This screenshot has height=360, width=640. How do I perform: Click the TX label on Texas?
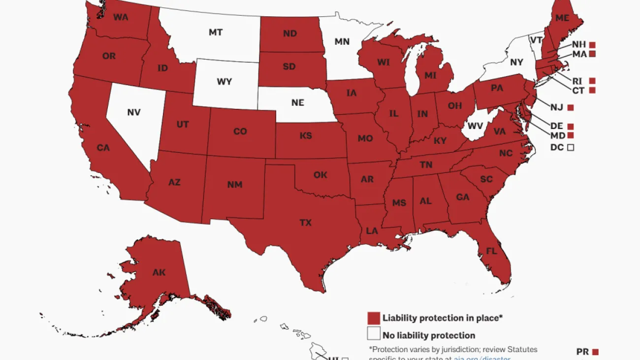[305, 223]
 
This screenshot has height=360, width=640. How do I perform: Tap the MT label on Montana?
[215, 33]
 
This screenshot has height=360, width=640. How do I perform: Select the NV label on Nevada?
[133, 112]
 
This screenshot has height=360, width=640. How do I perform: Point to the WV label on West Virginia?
[475, 126]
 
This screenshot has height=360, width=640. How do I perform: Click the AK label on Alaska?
[159, 272]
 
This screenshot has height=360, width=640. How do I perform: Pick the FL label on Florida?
[491, 250]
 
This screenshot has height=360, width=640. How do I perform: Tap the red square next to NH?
[592, 45]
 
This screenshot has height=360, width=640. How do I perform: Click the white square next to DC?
[571, 147]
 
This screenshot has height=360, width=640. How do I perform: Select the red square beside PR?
[595, 352]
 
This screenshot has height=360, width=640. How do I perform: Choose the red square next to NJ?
[571, 107]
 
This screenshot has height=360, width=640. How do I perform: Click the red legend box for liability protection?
[374, 318]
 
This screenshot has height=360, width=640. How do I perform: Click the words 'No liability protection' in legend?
[429, 335]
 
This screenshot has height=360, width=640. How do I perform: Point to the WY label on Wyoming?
[224, 82]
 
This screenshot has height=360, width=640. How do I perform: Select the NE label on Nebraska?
[297, 103]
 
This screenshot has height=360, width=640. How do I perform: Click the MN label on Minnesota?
[342, 42]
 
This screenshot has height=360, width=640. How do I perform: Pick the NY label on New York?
[516, 63]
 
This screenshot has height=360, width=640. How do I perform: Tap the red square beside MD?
[571, 135]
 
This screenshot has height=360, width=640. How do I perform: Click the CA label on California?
[103, 148]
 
